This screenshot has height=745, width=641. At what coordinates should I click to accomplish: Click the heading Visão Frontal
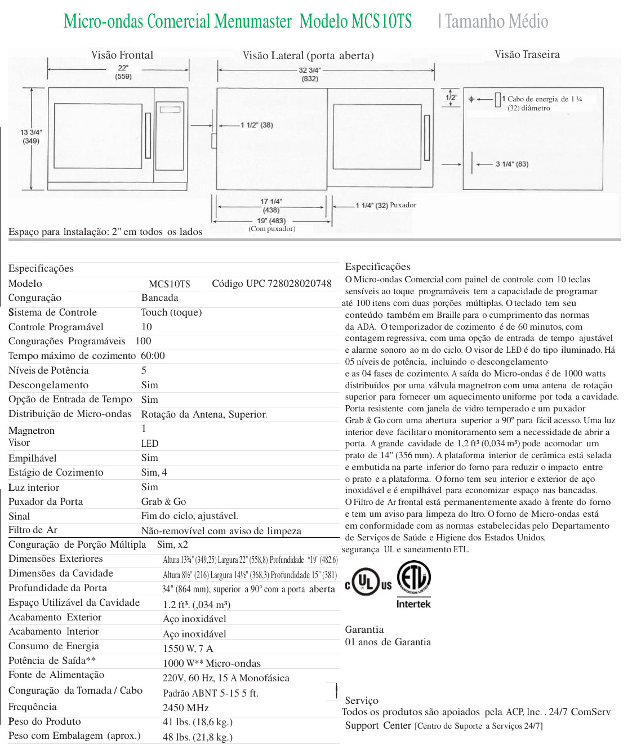[122, 55]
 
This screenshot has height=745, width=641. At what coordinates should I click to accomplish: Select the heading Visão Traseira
[527, 54]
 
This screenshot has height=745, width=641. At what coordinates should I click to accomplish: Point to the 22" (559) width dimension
[123, 72]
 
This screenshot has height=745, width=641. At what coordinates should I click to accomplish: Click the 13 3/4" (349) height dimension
[31, 136]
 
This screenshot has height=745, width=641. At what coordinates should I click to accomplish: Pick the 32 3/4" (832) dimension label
[310, 74]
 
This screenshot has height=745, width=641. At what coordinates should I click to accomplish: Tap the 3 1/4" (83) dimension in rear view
[511, 164]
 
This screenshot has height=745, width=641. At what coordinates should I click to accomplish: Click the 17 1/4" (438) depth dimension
[271, 205]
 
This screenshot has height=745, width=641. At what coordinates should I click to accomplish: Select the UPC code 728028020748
[271, 283]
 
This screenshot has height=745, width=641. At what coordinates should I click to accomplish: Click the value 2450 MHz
[186, 708]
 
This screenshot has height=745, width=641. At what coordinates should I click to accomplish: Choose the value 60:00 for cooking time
[153, 356]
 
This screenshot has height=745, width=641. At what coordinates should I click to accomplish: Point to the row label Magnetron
[32, 431]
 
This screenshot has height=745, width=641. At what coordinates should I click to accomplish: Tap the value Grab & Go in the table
[163, 502]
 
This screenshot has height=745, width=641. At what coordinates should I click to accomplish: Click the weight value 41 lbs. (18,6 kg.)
[198, 722]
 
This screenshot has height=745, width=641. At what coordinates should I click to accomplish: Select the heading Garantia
[364, 629]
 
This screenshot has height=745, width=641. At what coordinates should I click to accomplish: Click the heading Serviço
[362, 700]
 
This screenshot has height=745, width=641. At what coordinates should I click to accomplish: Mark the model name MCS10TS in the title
[381, 21]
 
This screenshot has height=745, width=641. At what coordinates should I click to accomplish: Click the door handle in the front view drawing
[148, 135]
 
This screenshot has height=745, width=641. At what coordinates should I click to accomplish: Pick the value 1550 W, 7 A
[188, 649]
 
